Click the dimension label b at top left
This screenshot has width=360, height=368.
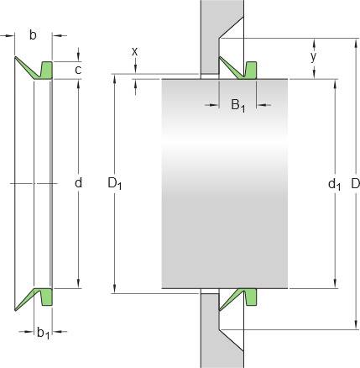tap(33, 35)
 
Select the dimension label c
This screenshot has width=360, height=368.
tap(78, 70)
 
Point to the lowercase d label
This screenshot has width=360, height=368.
tap(79, 182)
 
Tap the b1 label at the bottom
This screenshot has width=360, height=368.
tap(44, 333)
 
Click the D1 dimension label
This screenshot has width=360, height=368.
tap(114, 184)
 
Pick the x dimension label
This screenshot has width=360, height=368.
tap(135, 51)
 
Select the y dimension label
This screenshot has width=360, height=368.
tap(314, 57)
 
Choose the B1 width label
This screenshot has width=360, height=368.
tap(238, 105)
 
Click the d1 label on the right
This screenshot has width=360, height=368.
tap(334, 185)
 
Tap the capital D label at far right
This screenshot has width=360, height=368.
tap(355, 184)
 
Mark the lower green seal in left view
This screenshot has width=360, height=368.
tap(39, 297)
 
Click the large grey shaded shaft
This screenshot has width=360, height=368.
tap(225, 184)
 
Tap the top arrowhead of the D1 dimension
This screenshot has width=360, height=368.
tap(114, 79)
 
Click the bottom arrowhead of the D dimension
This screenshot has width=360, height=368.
tap(356, 325)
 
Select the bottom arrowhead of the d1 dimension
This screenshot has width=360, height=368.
tap(335, 284)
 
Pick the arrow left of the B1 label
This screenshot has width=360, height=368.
tap(211, 105)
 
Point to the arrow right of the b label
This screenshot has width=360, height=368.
tap(60, 35)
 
